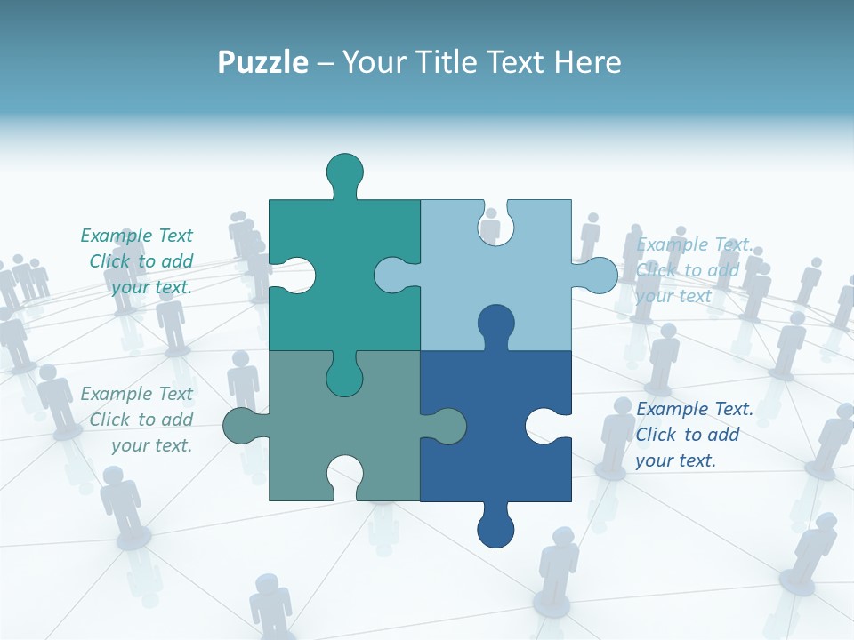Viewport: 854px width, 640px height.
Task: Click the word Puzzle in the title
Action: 262,63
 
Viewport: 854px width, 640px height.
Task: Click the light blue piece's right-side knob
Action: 599,276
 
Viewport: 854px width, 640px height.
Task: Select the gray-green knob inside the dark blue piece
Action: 447,426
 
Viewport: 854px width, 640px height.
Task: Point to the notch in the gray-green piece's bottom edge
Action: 344,476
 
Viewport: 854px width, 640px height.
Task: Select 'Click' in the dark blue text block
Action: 655,435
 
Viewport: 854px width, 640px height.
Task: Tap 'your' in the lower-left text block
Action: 128,445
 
